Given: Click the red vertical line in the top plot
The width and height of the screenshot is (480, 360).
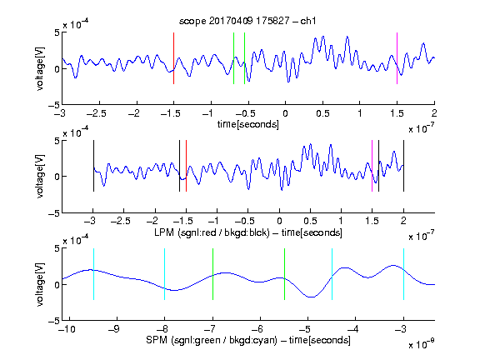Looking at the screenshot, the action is (x=173, y=58).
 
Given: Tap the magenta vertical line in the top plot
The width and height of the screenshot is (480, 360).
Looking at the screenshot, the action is (x=397, y=58).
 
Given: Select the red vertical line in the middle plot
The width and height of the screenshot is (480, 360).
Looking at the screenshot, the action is (x=186, y=166).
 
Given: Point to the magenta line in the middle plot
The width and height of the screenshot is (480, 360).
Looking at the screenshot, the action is (x=372, y=166).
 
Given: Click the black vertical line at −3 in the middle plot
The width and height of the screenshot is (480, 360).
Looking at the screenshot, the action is (x=93, y=166).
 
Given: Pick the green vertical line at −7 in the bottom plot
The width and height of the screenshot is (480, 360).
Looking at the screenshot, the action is (x=212, y=274).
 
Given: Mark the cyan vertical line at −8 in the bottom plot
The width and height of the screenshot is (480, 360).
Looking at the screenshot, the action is (x=165, y=274).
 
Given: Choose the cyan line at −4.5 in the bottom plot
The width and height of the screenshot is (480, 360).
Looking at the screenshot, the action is (x=332, y=274).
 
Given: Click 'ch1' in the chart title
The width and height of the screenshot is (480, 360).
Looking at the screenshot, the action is (x=308, y=21).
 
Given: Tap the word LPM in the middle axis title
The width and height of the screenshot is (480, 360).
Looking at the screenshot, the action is (x=164, y=232).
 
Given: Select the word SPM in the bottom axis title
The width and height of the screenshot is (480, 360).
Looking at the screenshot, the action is (x=157, y=340).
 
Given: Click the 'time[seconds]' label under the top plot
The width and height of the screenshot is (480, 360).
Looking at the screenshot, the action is (x=248, y=124).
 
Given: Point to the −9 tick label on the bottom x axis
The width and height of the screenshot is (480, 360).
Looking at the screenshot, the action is (x=114, y=329).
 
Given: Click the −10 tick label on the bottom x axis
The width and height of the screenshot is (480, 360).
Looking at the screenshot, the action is (x=67, y=329).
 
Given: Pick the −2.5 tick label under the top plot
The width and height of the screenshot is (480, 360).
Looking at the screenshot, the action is (x=96, y=113).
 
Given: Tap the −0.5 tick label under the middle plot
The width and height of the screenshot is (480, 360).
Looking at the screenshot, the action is (x=245, y=221).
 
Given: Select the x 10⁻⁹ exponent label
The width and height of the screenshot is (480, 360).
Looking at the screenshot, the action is (x=422, y=343).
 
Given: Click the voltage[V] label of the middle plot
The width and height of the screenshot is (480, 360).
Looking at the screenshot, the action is (x=40, y=177).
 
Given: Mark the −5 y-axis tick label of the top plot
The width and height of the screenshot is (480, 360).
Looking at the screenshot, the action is (x=54, y=105).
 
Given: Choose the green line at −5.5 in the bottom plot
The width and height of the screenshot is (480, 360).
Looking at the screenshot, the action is (x=284, y=274).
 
